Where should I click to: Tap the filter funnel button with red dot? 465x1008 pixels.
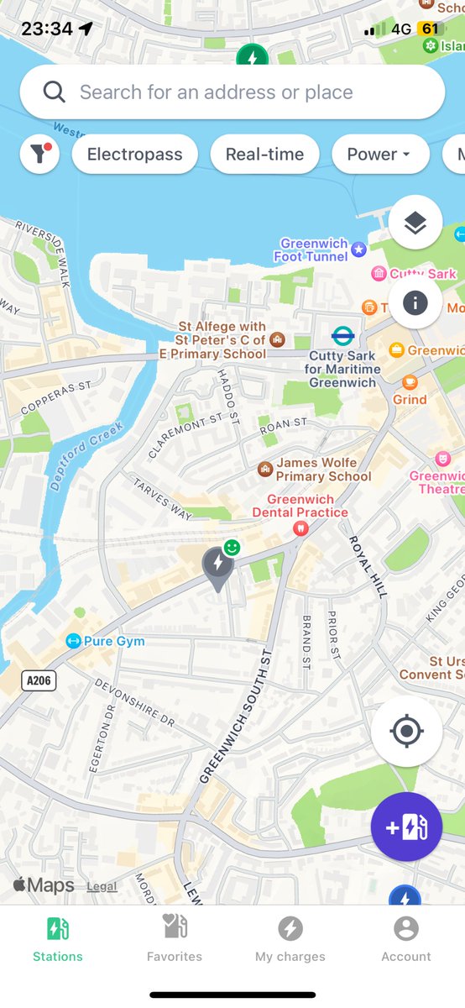coord(39,155)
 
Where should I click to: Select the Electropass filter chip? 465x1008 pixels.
coord(134,155)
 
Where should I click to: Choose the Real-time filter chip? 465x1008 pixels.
coord(264,155)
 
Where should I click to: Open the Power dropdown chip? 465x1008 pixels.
coord(379,155)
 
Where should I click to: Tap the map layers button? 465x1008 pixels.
coord(415,223)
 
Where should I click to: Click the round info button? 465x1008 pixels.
coord(415,302)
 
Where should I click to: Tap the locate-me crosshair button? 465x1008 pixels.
coord(406,731)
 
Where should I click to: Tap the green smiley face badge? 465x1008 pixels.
coord(232,548)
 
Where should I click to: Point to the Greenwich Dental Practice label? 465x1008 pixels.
coord(295,507)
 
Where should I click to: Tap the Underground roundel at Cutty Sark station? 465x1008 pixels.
coord(342,337)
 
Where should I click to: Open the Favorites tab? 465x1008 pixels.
coord(175,938)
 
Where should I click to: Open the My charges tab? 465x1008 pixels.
coord(290,938)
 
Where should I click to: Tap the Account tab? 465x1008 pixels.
coord(406,938)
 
